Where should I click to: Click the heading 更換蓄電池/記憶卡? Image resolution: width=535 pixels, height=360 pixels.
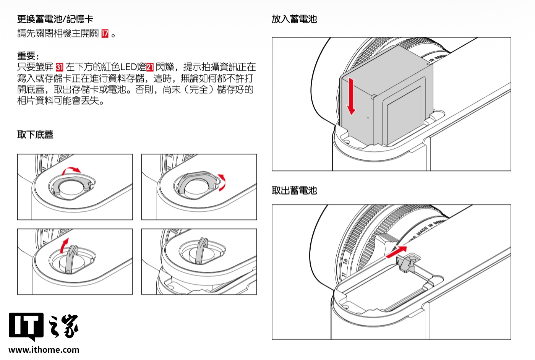pos(55,19)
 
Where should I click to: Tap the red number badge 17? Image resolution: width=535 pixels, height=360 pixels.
pos(105,34)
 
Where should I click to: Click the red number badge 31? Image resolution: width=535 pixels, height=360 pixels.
pos(59,68)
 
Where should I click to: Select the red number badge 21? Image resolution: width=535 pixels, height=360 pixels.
pos(150,68)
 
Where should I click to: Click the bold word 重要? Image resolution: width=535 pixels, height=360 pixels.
pos(26,56)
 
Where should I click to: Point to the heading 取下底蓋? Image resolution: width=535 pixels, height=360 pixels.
pos(35,135)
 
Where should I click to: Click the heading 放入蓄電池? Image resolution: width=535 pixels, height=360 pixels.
pos(294,19)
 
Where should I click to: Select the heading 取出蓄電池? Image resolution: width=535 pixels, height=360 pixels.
pos(294,190)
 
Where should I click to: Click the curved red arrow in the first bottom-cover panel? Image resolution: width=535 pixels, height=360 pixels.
pos(72,170)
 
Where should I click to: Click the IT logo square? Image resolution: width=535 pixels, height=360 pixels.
pos(26,326)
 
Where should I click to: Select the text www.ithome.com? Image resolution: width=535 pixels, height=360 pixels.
pos(44,350)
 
